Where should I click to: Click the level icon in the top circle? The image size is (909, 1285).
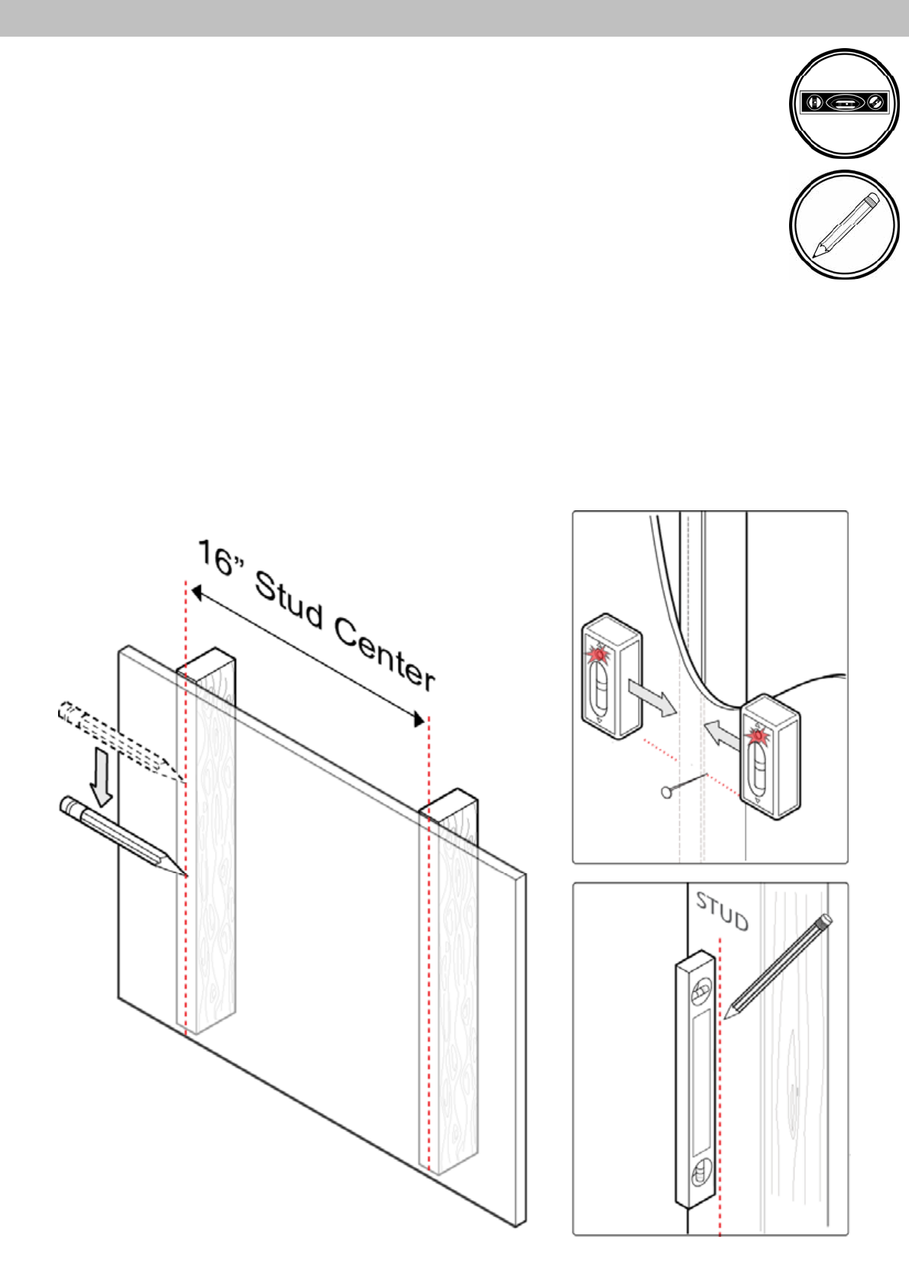[x=844, y=102]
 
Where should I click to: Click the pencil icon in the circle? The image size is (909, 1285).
[x=844, y=225]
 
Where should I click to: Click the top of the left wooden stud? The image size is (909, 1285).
[x=206, y=661]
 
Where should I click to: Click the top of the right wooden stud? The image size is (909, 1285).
[x=449, y=802]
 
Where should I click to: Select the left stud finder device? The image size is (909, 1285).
[x=610, y=676]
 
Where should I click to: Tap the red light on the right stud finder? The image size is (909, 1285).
[x=758, y=735]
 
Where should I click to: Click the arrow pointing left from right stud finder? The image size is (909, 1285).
[x=723, y=734]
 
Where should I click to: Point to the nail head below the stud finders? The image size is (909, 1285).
[x=666, y=792]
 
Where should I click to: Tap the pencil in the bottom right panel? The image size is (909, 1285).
[x=778, y=966]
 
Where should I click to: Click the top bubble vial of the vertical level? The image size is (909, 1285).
[x=700, y=993]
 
